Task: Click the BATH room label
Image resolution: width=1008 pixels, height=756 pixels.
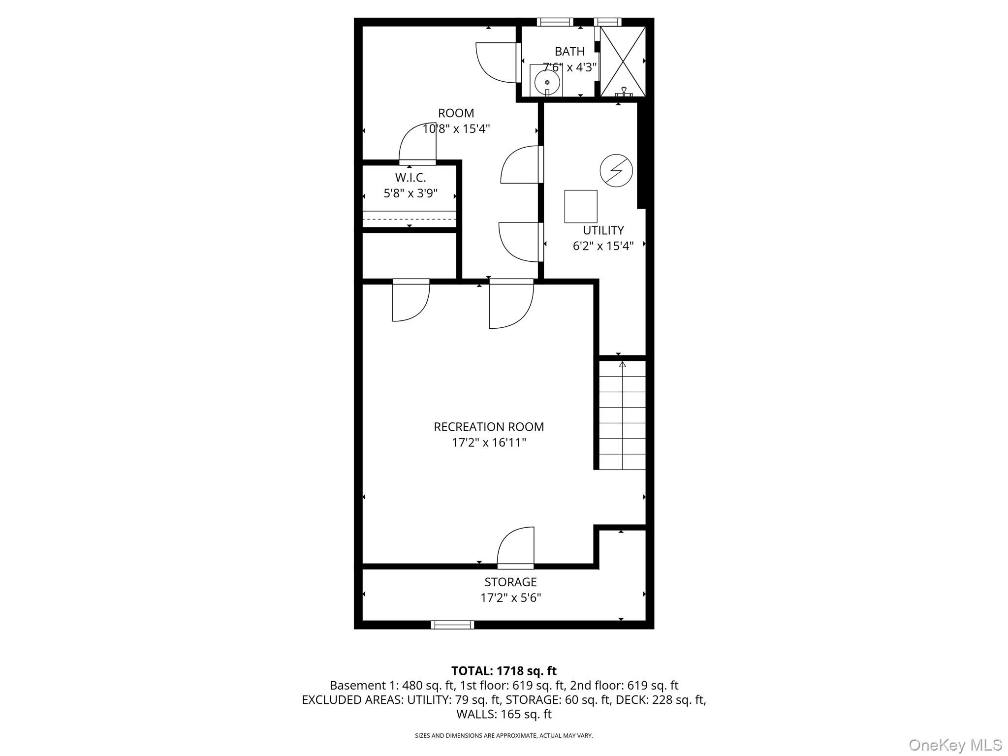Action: click(569, 51)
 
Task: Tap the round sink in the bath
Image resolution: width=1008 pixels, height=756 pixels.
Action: click(547, 82)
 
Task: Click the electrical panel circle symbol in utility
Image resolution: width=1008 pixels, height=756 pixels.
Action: click(616, 171)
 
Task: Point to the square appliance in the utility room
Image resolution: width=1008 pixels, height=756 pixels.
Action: click(581, 206)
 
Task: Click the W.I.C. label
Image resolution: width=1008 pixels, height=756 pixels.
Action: click(410, 178)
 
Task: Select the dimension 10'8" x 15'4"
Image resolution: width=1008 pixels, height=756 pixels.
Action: click(456, 129)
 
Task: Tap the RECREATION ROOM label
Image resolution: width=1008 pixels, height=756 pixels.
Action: click(489, 427)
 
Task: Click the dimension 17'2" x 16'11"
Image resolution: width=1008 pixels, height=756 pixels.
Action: click(489, 442)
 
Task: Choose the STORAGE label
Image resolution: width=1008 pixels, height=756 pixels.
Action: click(510, 582)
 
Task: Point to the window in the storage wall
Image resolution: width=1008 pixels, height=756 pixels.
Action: click(452, 625)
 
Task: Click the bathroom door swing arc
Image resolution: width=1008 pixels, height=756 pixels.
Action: click(496, 63)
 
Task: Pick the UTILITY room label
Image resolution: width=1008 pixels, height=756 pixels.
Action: click(603, 230)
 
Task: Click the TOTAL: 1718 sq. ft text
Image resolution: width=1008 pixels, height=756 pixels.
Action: click(504, 671)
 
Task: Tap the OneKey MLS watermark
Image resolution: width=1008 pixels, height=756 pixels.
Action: click(955, 745)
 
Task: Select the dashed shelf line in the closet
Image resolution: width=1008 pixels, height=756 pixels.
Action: click(409, 219)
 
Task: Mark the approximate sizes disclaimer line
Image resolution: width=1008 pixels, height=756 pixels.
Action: click(504, 736)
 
